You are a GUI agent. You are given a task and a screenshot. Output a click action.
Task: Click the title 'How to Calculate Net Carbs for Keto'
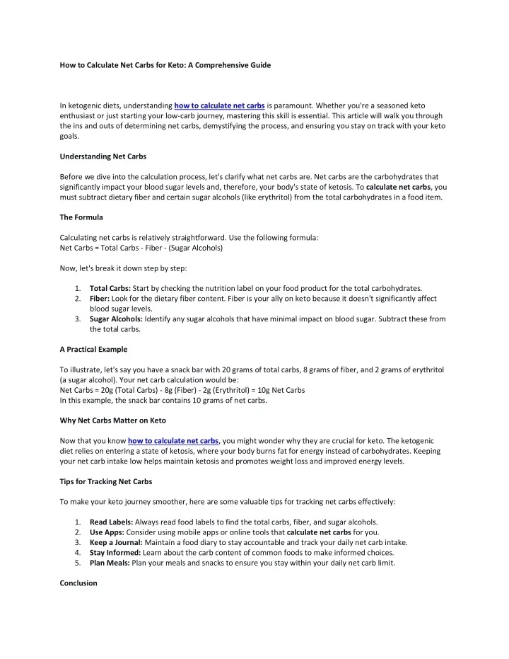pyautogui.click(x=165, y=65)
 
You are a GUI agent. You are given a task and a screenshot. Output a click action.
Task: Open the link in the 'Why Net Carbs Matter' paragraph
pyautogui.click(x=173, y=440)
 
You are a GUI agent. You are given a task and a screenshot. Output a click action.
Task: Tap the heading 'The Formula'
pyautogui.click(x=81, y=217)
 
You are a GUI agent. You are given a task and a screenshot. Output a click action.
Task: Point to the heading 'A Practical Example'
pyautogui.click(x=93, y=349)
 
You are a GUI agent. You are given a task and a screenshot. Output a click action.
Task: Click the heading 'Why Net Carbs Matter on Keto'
pyautogui.click(x=113, y=420)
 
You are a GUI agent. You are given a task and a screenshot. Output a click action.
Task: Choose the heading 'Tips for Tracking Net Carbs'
pyautogui.click(x=105, y=481)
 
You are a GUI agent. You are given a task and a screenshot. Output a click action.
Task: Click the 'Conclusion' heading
pyautogui.click(x=78, y=583)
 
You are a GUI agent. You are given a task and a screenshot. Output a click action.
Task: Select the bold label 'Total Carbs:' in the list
pyautogui.click(x=110, y=288)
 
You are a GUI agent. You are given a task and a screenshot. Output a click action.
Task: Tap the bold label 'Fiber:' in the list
pyautogui.click(x=100, y=299)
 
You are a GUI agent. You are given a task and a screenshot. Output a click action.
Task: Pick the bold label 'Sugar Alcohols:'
pyautogui.click(x=117, y=319)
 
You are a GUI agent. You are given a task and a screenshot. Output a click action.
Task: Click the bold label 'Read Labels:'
pyautogui.click(x=111, y=522)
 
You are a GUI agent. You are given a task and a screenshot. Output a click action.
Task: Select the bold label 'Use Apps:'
pyautogui.click(x=107, y=532)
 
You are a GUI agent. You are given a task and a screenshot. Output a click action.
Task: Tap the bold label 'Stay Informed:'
pyautogui.click(x=115, y=553)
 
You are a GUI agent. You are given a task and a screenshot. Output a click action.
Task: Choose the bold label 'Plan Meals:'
pyautogui.click(x=110, y=563)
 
